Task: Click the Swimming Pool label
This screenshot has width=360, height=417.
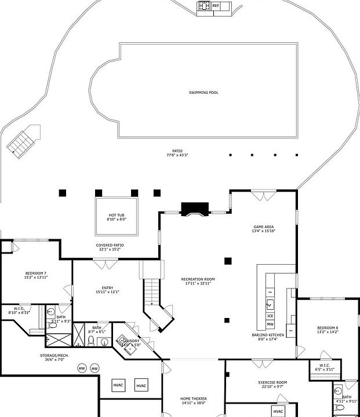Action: pos(203,93)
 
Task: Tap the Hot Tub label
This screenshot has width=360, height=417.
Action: pos(116,215)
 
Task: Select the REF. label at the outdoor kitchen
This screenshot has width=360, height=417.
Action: pos(216,6)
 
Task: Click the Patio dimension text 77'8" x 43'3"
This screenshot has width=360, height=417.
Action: pos(177,155)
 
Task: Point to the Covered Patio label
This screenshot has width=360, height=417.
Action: pos(110,245)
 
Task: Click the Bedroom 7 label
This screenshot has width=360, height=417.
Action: pos(35,273)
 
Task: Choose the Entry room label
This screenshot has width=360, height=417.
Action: pos(108,288)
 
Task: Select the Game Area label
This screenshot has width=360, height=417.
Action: pos(264,226)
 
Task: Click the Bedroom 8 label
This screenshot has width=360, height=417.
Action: pos(328,328)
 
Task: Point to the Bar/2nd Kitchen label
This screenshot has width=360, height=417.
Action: pos(268,335)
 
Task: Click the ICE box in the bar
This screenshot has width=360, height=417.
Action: pos(270,316)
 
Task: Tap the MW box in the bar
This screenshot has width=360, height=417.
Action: pos(270,324)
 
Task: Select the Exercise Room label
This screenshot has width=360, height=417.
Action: pos(272,383)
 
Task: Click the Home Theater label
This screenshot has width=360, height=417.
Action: pos(193,399)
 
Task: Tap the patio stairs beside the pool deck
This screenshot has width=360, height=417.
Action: pos(22,141)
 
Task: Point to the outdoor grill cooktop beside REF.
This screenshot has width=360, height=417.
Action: pos(204,6)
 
